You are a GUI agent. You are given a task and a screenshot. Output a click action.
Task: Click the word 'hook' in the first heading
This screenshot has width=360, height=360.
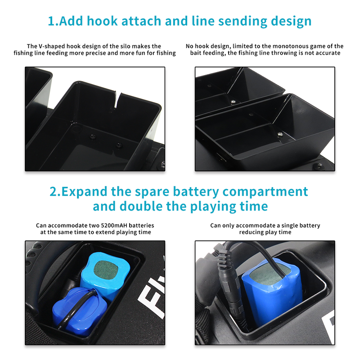[102, 21]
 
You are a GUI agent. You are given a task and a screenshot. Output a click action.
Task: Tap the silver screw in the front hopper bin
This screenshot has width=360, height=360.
[280, 135]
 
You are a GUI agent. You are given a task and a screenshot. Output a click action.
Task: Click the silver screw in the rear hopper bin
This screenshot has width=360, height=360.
[233, 101]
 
